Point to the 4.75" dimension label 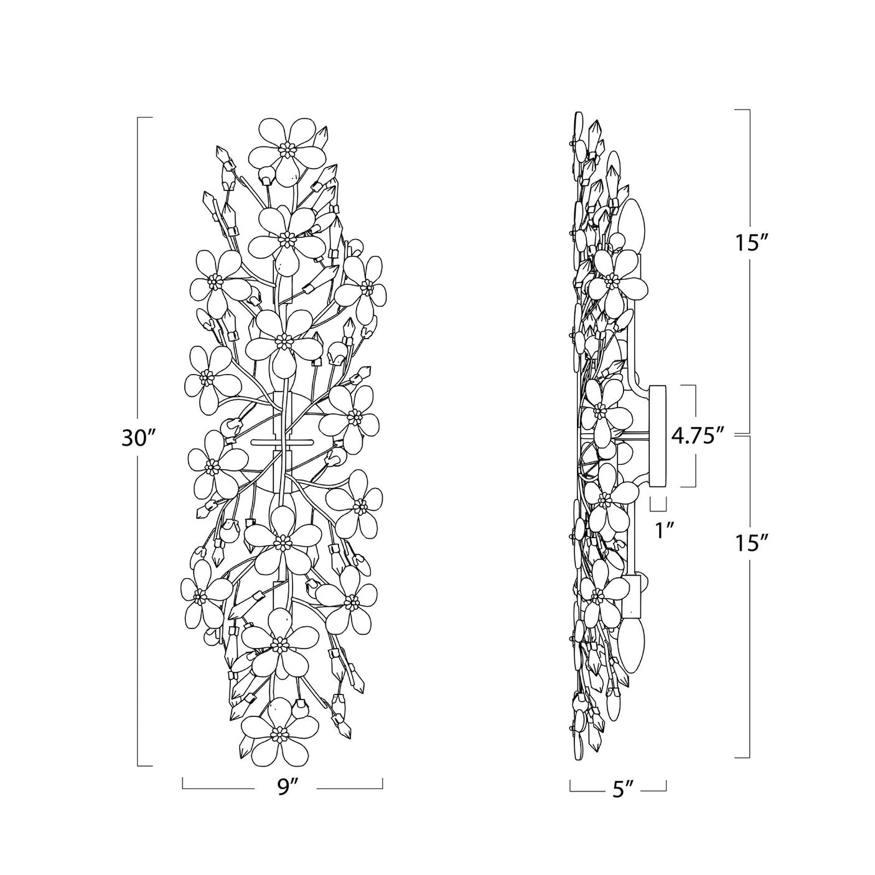(696, 436)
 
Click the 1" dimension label (663, 530)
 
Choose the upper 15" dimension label (752, 243)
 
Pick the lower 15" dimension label (752, 543)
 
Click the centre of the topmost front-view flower (287, 149)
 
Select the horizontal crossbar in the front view (283, 441)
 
